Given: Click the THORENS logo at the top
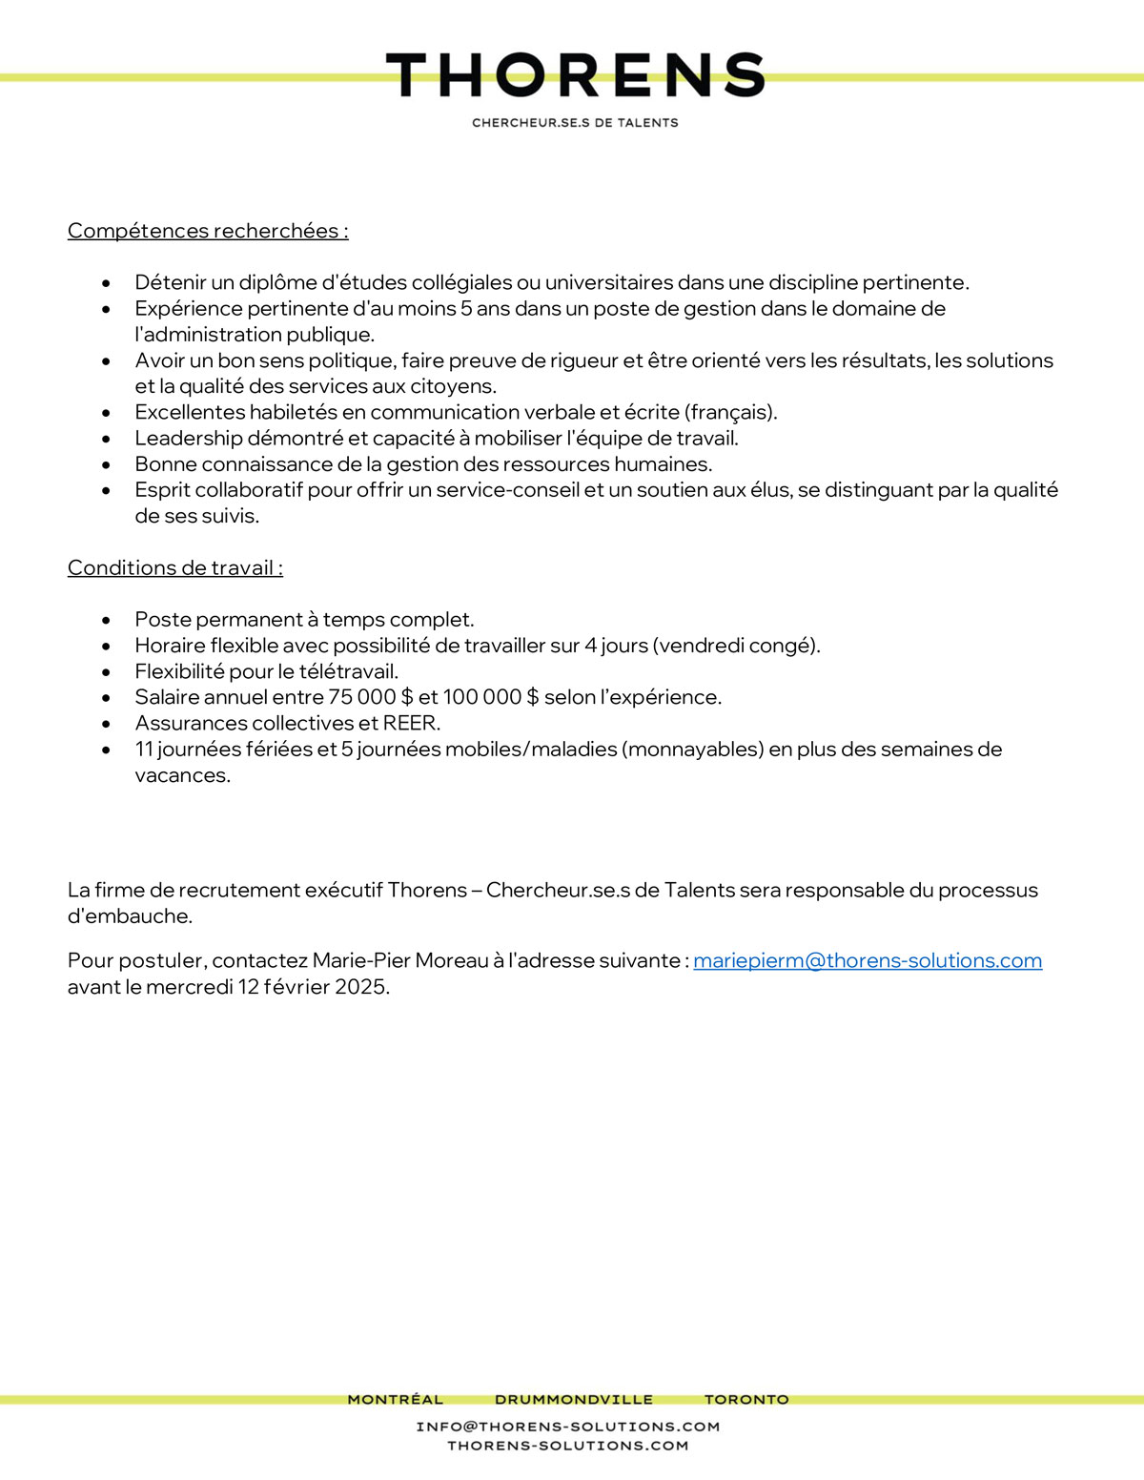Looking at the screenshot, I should [575, 75].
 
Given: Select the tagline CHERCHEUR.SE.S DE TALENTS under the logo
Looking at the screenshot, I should [575, 123].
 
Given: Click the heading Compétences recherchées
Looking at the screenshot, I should [208, 231].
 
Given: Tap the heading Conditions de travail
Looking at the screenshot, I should [175, 568].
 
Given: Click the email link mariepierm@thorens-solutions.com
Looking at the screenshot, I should [868, 961].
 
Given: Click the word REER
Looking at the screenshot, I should [411, 723].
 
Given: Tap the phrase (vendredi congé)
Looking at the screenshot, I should [736, 646].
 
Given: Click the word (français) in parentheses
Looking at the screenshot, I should [730, 413].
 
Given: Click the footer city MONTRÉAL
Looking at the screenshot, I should [396, 1400].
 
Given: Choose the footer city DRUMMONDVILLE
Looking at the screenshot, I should [574, 1400].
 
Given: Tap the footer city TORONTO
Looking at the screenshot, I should [746, 1400].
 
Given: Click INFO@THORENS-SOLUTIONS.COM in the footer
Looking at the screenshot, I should [568, 1427].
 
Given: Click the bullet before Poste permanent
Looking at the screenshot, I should [106, 620].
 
